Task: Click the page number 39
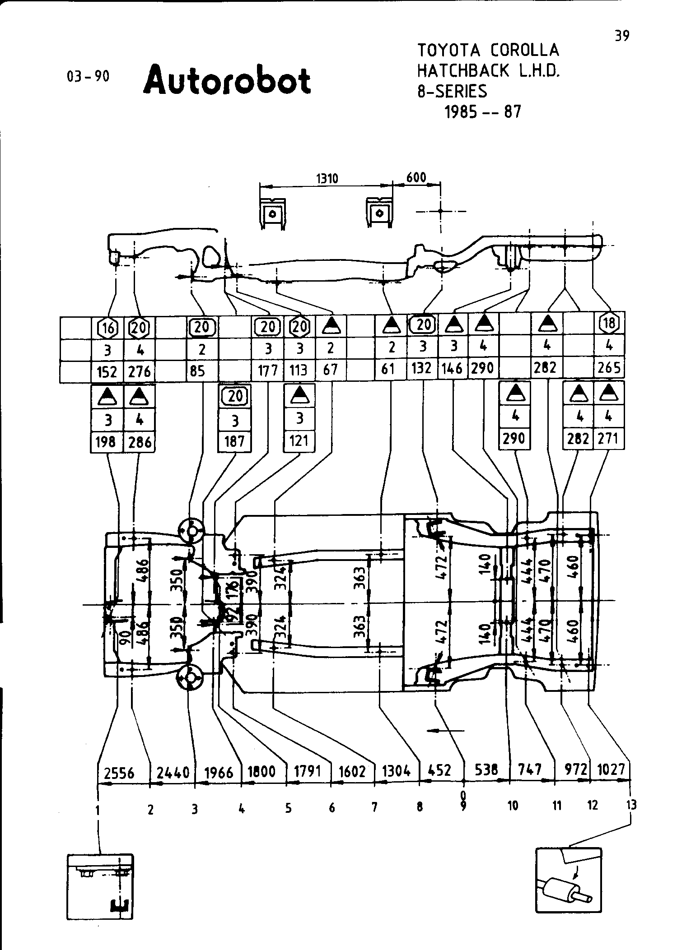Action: [x=622, y=36]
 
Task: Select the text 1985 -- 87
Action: [x=483, y=112]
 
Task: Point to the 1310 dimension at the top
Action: [x=327, y=178]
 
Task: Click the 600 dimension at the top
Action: [x=416, y=177]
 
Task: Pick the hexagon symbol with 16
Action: [x=107, y=328]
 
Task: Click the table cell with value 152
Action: [x=107, y=371]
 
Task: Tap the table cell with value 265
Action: [x=609, y=368]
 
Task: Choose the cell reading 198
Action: [x=107, y=442]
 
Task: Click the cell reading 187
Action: [x=234, y=441]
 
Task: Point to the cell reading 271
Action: [x=608, y=438]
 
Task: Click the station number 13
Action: [x=631, y=804]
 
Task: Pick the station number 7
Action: [x=374, y=807]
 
